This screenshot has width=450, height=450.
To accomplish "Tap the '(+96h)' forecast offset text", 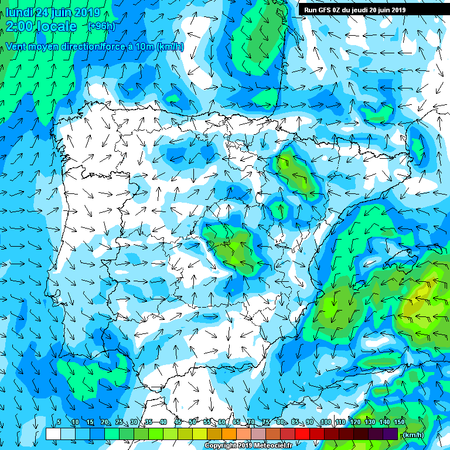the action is point(101,26).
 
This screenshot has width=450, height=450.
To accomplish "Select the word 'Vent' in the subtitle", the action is point(16,46).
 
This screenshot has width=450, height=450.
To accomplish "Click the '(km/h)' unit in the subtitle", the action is point(171,46).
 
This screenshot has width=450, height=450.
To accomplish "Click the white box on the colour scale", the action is point(53,434).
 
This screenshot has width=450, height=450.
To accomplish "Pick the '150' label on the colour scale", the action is point(399,422).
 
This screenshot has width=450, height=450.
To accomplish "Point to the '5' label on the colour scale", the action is point(59,422).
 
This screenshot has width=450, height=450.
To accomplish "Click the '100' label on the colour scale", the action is point(326,422).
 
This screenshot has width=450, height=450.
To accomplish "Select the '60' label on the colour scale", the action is point(221,422).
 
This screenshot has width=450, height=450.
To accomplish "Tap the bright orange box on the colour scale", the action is point(229,434).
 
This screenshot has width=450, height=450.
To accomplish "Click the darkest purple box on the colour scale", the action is point(390,434).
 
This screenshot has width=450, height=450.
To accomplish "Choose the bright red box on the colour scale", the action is point(302,434).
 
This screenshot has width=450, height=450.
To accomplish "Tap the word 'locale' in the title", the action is point(56,26).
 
